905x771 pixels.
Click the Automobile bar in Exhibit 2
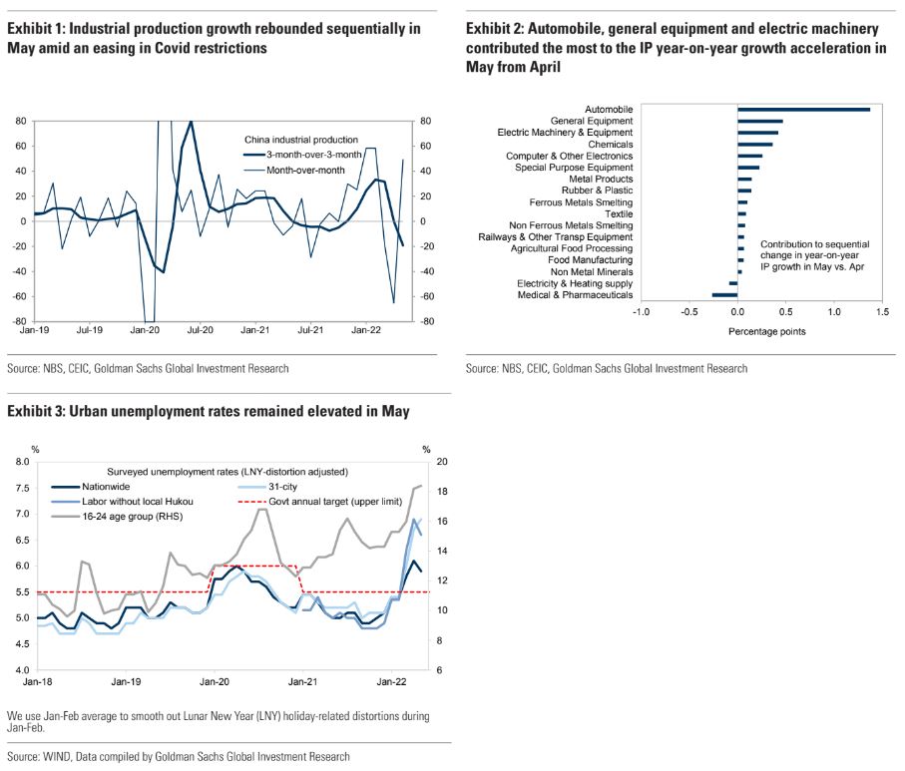tap(803, 109)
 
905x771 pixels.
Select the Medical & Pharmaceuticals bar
tap(724, 295)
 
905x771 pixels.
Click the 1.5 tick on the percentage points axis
tap(881, 312)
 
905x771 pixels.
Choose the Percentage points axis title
tap(765, 331)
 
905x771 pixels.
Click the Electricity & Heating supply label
tap(575, 283)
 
